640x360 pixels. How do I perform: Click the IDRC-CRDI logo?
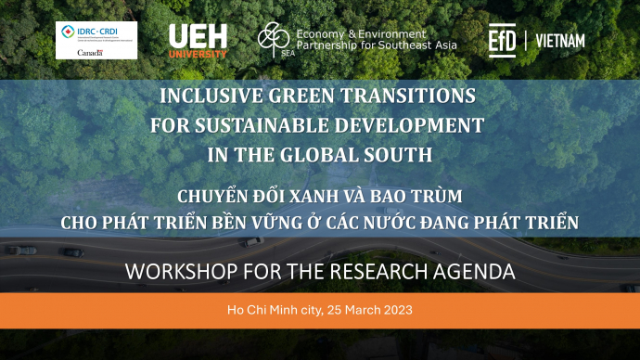pos(96,33)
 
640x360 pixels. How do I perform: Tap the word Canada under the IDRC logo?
pos(92,52)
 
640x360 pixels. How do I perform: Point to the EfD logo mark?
pos(503,40)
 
